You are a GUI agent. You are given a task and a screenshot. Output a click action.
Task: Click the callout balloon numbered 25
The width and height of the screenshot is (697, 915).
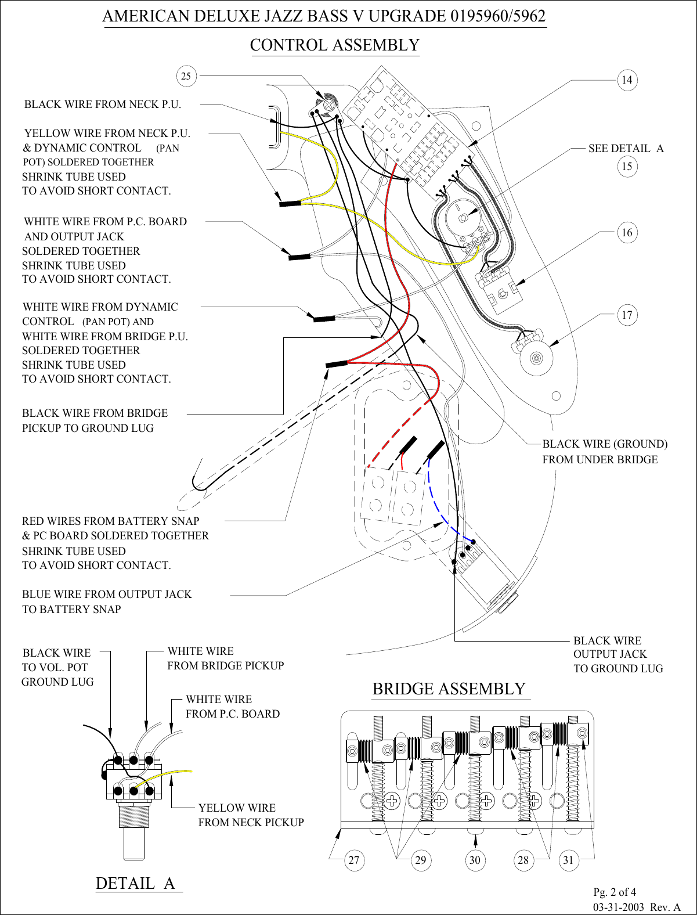pos(186,76)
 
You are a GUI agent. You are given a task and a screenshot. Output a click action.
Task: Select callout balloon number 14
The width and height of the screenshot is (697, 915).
pos(627,80)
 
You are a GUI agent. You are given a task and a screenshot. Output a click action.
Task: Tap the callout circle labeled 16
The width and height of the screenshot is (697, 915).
pos(627,233)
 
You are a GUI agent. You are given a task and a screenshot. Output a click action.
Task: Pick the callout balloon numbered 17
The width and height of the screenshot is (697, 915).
pos(627,315)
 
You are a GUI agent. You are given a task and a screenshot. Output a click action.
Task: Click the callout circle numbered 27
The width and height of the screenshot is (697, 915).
pos(354,860)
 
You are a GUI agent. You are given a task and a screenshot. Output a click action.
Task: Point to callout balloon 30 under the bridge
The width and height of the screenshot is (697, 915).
pos(475,860)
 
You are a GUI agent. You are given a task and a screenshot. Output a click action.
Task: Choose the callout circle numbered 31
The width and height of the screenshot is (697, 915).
pos(568,860)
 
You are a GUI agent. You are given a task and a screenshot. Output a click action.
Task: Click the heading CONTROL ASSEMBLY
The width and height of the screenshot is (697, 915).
pos(334,45)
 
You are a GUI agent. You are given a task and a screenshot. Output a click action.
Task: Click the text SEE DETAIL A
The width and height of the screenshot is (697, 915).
pos(626,149)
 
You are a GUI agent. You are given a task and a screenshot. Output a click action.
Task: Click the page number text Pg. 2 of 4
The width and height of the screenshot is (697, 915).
pos(614,892)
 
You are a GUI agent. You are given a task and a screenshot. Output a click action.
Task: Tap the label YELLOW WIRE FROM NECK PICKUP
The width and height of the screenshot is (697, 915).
pos(251,815)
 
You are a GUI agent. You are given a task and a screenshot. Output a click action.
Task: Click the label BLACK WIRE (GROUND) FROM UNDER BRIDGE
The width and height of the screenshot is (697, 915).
pos(604,452)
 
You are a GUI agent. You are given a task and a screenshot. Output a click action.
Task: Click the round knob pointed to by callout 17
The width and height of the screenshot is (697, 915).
pos(536,358)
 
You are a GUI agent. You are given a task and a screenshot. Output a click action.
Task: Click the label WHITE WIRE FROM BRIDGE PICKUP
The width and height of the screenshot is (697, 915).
pos(225,658)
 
